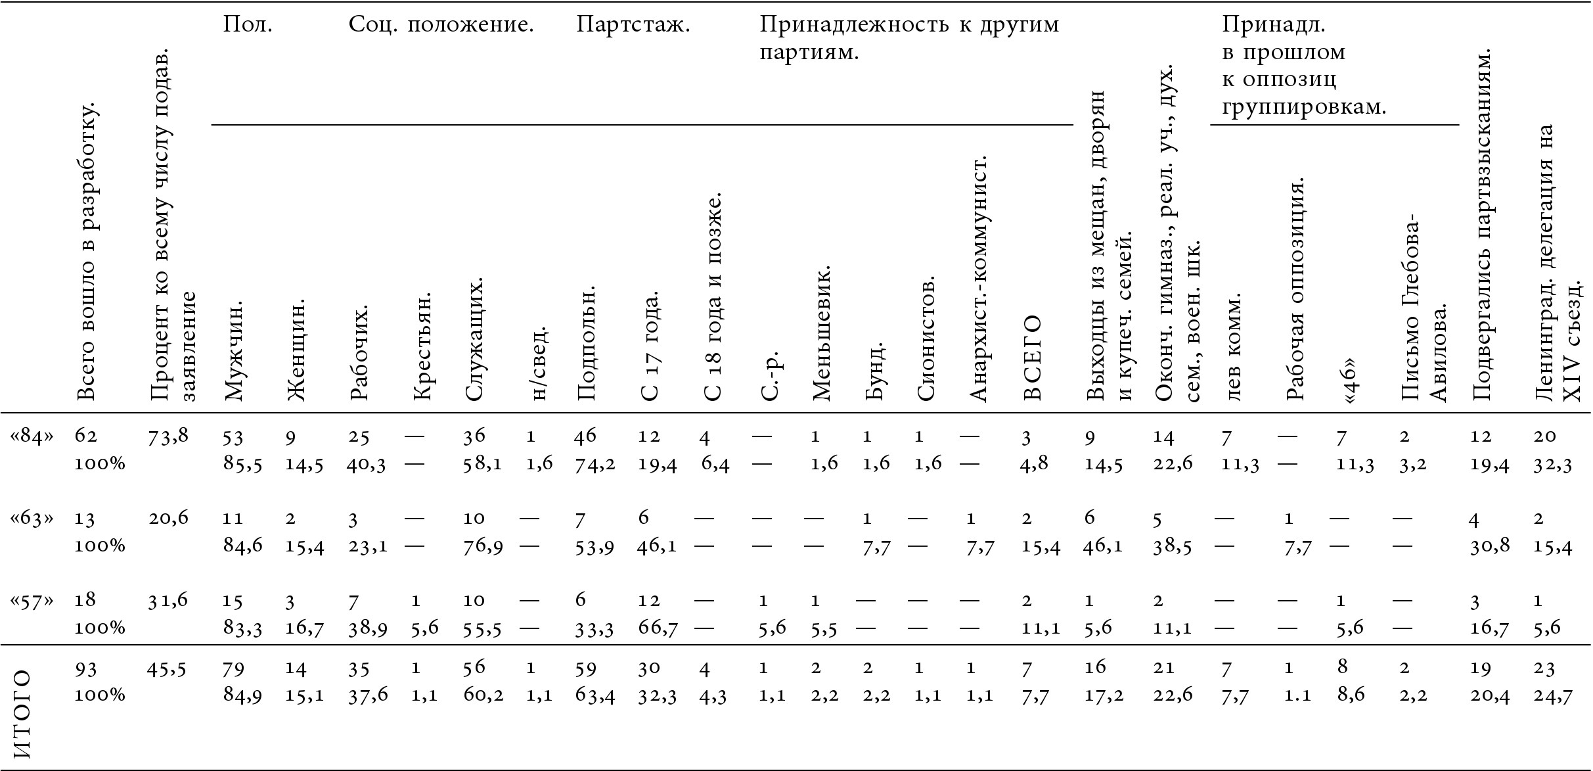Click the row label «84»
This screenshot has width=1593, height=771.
(32, 436)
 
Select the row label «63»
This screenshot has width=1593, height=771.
(32, 519)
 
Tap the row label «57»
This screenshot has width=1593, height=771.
(32, 600)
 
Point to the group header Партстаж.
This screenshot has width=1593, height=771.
(633, 25)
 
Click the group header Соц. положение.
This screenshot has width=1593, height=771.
(441, 25)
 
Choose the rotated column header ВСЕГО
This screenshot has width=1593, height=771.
(1031, 358)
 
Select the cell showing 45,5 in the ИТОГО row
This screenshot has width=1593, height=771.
(168, 669)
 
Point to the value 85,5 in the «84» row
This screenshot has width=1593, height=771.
(243, 464)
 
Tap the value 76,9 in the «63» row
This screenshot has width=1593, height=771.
(483, 546)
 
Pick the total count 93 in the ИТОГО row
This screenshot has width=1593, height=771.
(86, 669)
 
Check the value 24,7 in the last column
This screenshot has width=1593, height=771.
(1554, 695)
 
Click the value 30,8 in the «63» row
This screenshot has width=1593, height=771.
(1489, 546)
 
